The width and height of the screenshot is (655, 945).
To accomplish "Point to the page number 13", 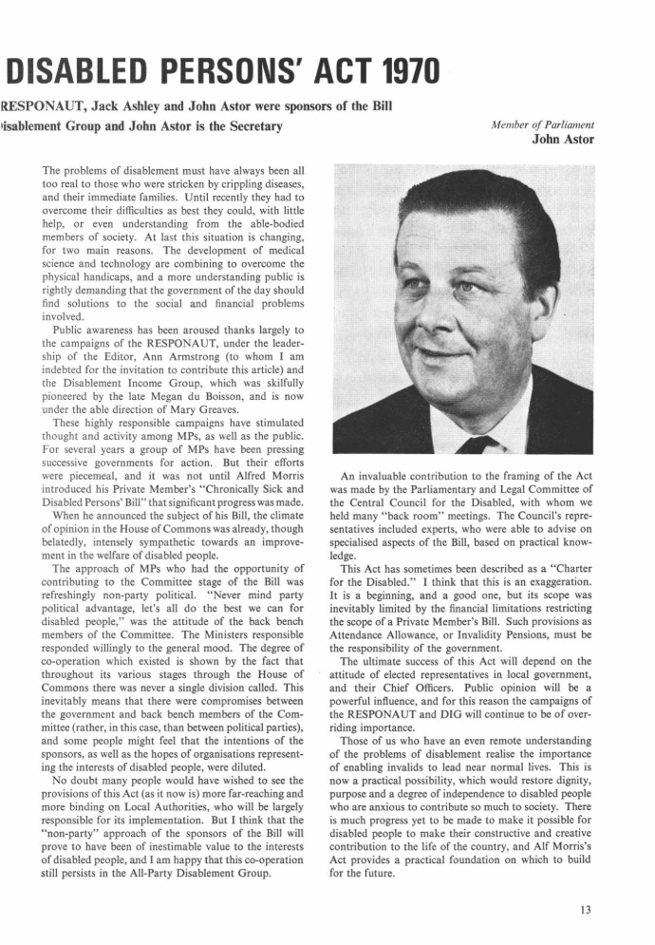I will [585, 909].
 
